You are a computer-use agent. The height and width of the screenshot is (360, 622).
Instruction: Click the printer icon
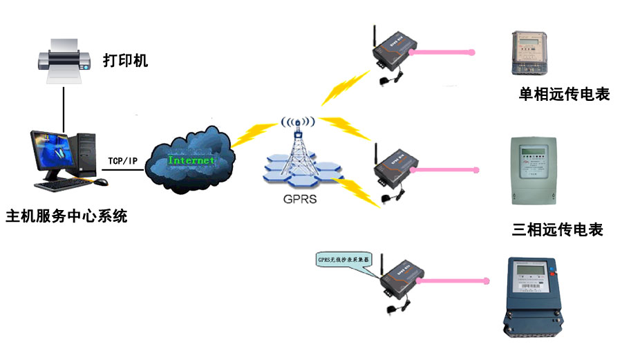[63, 62]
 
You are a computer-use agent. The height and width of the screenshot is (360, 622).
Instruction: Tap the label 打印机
[125, 61]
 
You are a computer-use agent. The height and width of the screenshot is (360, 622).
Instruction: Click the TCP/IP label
[122, 161]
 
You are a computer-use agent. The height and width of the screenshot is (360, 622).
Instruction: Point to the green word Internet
[191, 160]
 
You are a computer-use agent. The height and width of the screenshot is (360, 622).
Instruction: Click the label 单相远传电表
[564, 95]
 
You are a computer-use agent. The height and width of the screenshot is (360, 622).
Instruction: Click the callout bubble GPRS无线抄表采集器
[343, 260]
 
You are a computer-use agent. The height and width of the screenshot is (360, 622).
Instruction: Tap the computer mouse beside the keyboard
[101, 182]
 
